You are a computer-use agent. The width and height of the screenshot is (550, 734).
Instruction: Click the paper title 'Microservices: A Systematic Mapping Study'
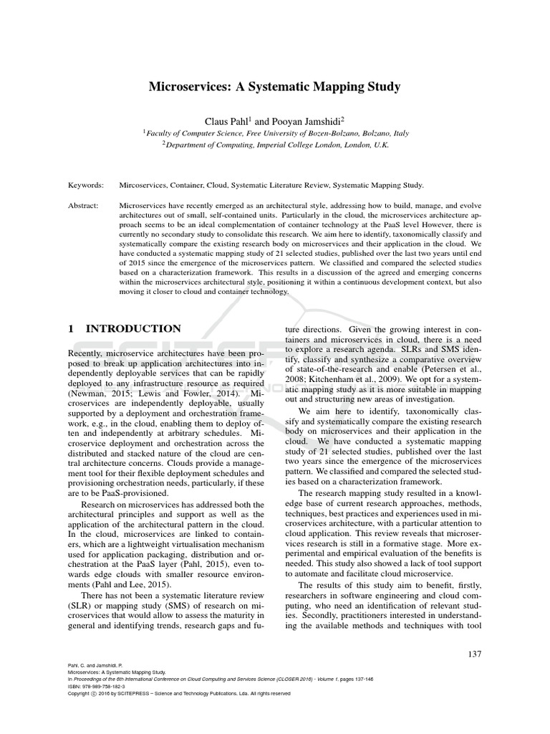click(274, 87)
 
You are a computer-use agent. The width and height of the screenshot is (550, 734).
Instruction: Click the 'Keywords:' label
click(86, 185)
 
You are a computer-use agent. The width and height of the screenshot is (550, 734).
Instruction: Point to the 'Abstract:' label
click(85, 204)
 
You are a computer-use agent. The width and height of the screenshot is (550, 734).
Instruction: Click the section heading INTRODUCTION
click(133, 329)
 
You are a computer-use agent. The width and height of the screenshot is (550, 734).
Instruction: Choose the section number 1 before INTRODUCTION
click(71, 329)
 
